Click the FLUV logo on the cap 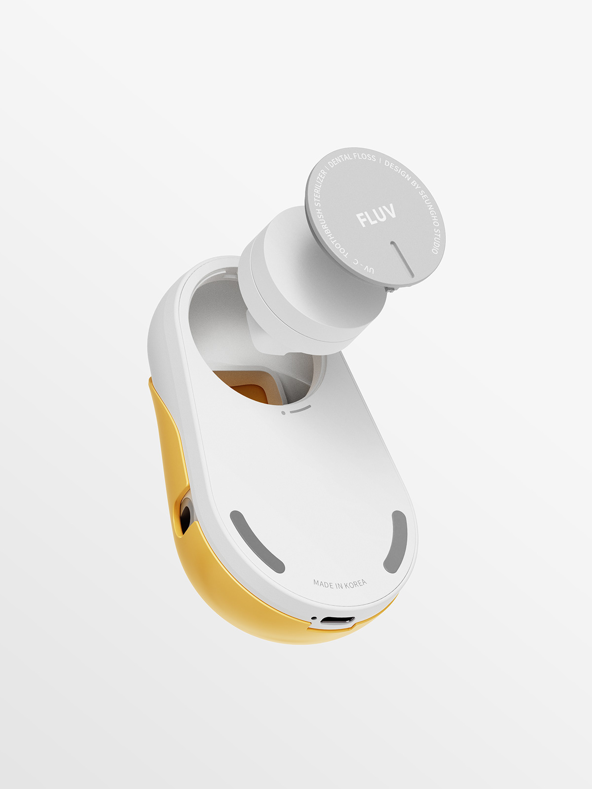point(376,215)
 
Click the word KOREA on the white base point(355,584)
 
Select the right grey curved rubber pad point(396,541)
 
